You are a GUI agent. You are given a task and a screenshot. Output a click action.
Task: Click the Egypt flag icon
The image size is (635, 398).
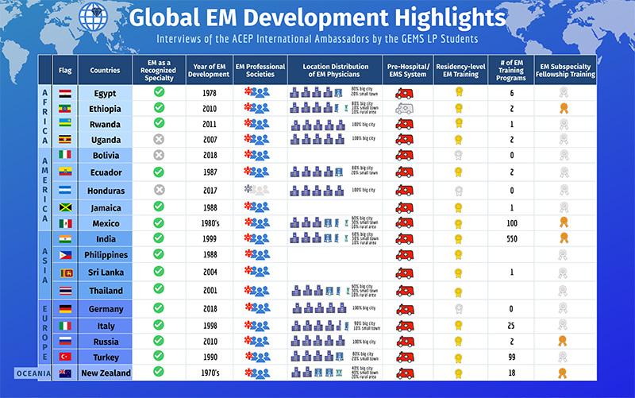pyautogui.click(x=65, y=93)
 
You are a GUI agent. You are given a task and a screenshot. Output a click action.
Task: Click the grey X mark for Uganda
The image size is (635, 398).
pyautogui.click(x=158, y=138)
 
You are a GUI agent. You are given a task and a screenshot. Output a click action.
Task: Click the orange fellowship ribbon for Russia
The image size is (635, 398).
pyautogui.click(x=564, y=341)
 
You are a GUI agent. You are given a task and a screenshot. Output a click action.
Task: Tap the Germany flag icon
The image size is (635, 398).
pyautogui.click(x=65, y=309)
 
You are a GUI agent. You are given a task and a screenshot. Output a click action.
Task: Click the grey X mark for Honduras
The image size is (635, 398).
pyautogui.click(x=158, y=190)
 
